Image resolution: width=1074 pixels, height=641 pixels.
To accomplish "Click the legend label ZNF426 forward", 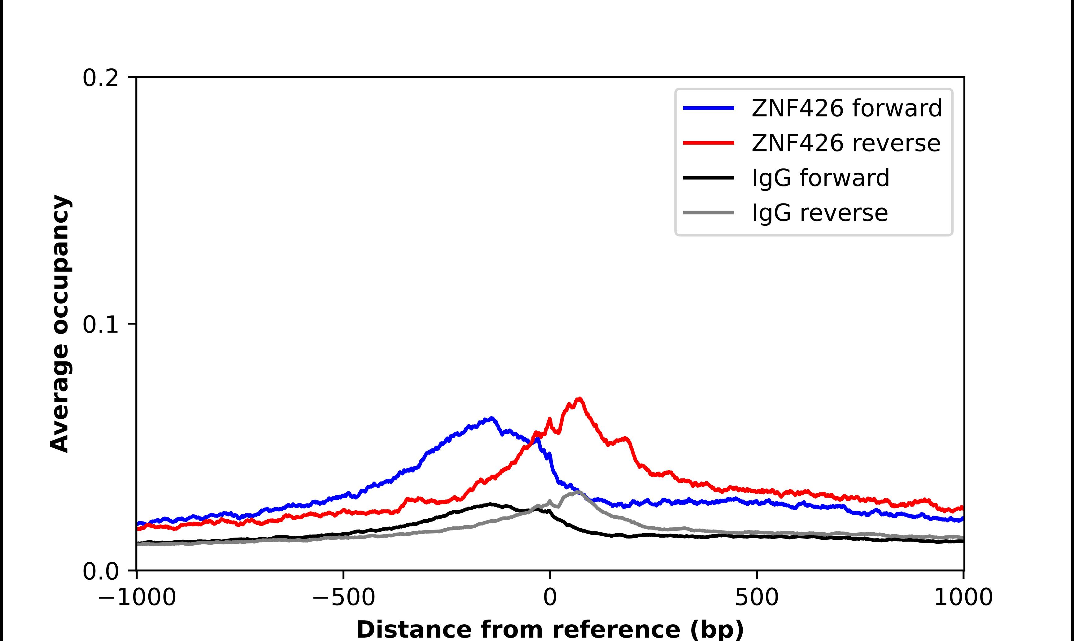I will (846, 108).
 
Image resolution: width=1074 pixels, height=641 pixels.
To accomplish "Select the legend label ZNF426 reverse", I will (845, 143).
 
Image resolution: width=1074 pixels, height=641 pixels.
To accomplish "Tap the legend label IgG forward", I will (820, 178).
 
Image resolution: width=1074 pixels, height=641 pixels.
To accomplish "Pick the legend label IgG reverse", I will (820, 213).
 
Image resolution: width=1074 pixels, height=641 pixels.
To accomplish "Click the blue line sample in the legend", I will (709, 108).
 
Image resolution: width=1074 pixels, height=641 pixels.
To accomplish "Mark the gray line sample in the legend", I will (709, 212).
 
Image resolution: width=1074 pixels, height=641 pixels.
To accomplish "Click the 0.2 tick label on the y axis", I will (100, 78).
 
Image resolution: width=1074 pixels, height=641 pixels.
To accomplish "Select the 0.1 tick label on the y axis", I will (100, 325).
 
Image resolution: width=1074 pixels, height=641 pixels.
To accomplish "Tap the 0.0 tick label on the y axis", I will (100, 571).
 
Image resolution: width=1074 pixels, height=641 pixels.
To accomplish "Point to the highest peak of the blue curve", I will (491, 418).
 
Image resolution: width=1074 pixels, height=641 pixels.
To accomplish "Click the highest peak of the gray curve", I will (577, 491).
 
